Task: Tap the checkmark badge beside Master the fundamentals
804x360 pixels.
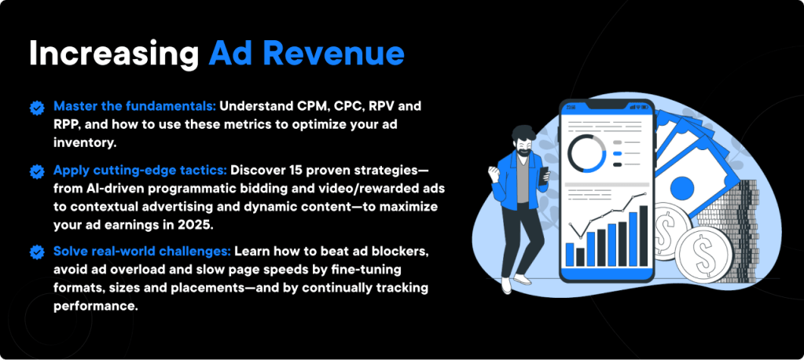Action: tap(36, 107)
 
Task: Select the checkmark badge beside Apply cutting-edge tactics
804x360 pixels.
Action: tap(36, 171)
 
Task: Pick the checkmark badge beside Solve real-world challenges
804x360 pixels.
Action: tap(36, 252)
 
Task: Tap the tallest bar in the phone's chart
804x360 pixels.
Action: tap(643, 235)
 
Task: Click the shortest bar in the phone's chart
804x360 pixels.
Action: tap(580, 256)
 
